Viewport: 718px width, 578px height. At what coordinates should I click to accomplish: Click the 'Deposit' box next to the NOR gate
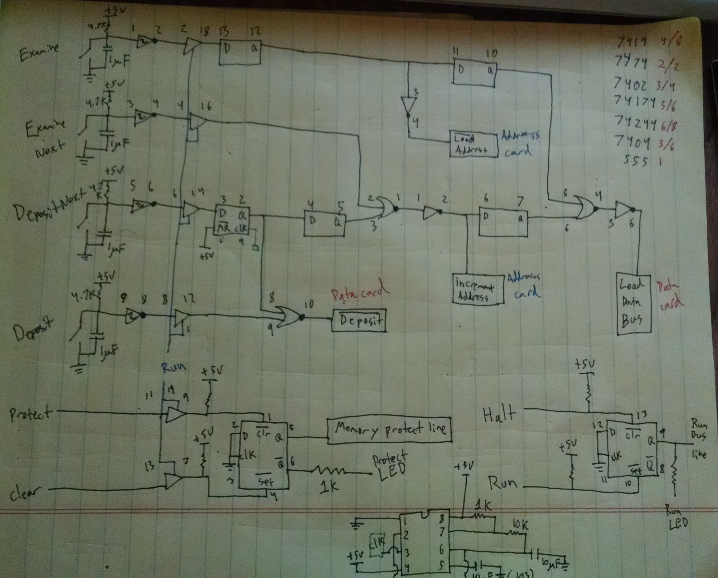(359, 321)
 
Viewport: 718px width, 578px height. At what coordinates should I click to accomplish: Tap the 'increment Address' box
(477, 289)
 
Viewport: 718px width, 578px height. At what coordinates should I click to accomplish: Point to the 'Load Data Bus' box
(633, 304)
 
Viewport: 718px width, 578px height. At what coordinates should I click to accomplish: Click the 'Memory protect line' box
(389, 430)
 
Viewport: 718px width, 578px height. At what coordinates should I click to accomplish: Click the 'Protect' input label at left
(31, 413)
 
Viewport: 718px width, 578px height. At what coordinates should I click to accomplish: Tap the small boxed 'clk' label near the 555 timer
(377, 545)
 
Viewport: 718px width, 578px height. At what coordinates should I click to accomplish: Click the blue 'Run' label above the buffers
(173, 367)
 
